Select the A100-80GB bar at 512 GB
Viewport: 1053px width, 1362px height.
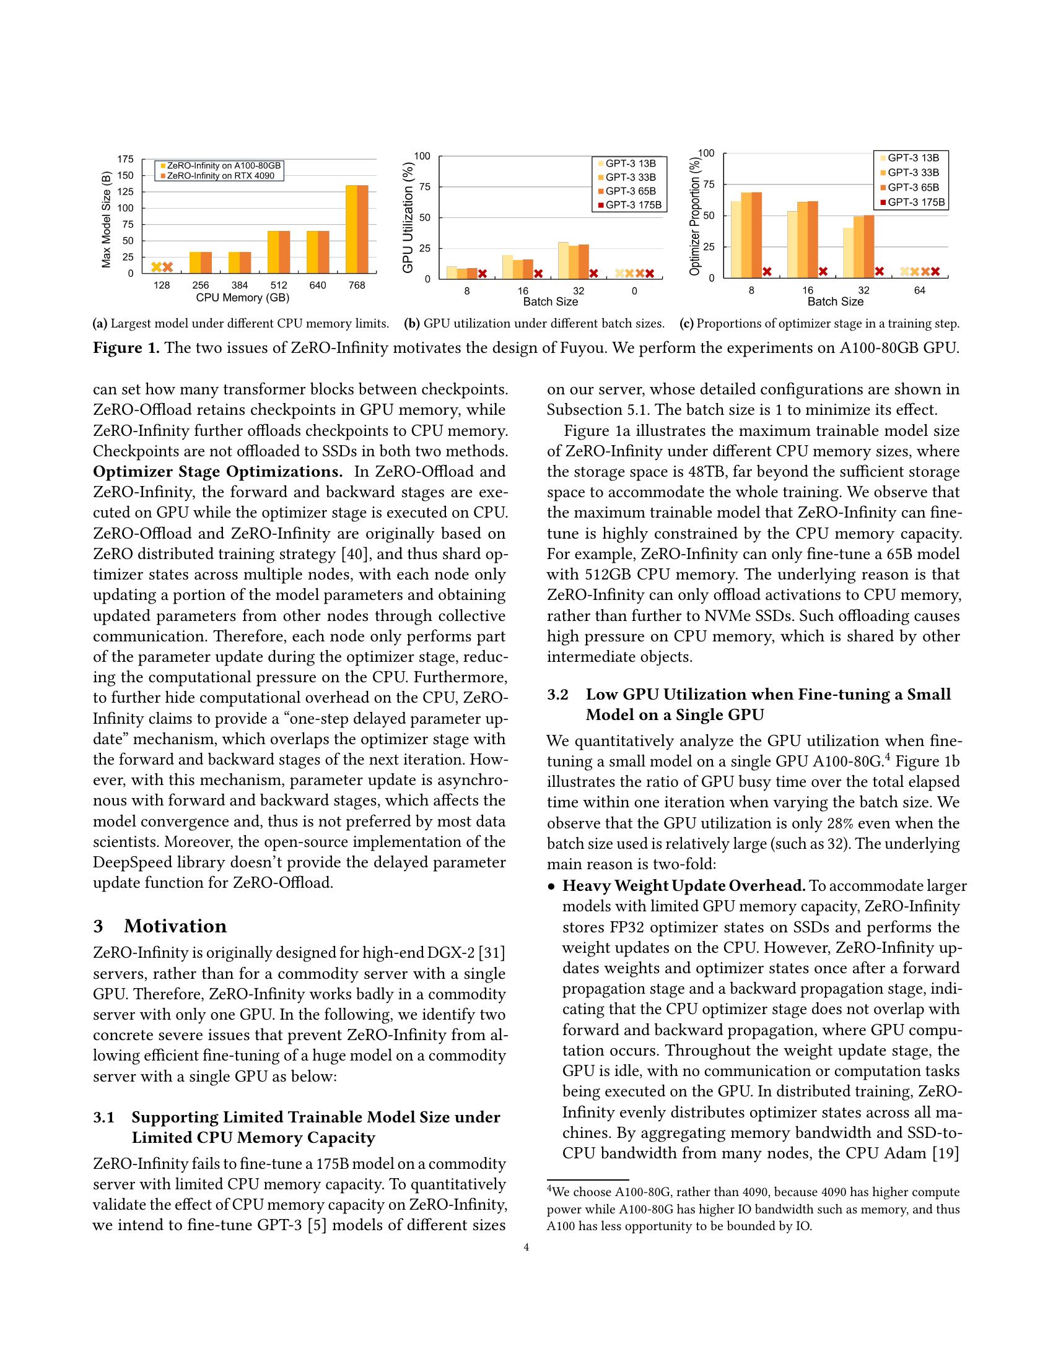[x=273, y=251]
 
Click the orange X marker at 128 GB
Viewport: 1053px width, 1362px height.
[x=167, y=267]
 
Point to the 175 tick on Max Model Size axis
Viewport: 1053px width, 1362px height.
[x=126, y=160]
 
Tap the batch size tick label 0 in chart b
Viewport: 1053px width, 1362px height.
[x=634, y=290]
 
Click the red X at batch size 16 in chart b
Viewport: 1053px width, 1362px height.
[x=538, y=273]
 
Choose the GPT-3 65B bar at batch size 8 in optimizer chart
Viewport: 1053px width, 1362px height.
[x=757, y=235]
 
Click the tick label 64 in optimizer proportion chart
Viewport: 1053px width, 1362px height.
[x=919, y=290]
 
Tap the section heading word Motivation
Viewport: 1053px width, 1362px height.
[x=175, y=926]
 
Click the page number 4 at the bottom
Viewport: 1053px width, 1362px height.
[x=526, y=1265]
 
